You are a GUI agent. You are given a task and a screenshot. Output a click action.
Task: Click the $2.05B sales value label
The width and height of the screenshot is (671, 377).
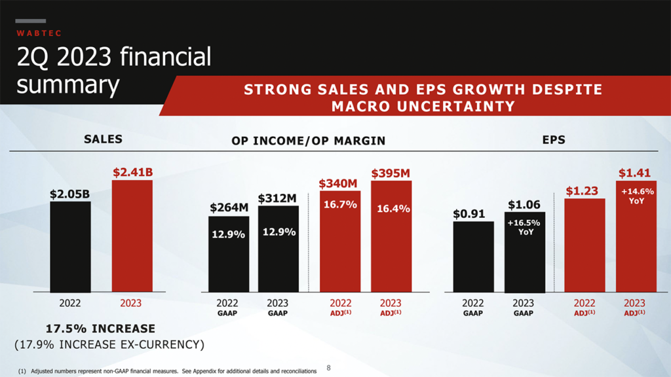click(x=69, y=194)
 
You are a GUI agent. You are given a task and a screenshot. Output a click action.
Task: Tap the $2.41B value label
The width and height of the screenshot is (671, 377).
click(x=132, y=172)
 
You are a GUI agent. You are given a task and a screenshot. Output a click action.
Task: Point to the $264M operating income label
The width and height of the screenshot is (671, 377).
click(x=229, y=207)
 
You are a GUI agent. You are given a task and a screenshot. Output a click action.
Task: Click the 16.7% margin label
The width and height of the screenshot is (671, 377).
click(x=339, y=205)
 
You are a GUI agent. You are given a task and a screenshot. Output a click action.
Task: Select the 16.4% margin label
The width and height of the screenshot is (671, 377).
click(x=393, y=209)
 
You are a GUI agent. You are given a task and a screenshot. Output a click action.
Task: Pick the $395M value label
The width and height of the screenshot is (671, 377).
click(x=391, y=173)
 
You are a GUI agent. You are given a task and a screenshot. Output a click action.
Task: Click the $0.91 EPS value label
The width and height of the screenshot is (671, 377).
click(x=469, y=214)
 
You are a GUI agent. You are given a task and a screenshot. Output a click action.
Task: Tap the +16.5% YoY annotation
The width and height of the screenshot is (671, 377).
click(x=524, y=226)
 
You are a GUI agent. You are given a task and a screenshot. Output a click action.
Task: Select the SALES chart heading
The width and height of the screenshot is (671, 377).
click(x=103, y=139)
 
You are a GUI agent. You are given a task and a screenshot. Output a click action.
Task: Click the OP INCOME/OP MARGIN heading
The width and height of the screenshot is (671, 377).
click(x=308, y=140)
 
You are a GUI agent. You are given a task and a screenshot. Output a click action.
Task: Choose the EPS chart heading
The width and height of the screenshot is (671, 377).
click(x=554, y=139)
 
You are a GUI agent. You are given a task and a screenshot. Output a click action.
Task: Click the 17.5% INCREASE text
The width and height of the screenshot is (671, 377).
click(x=100, y=329)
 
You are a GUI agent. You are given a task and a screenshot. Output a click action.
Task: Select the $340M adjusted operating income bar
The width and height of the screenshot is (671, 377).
click(x=339, y=249)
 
